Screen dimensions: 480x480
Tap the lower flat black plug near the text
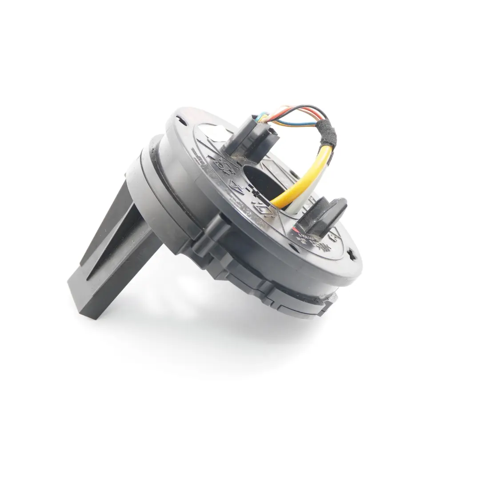coord(324,217)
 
